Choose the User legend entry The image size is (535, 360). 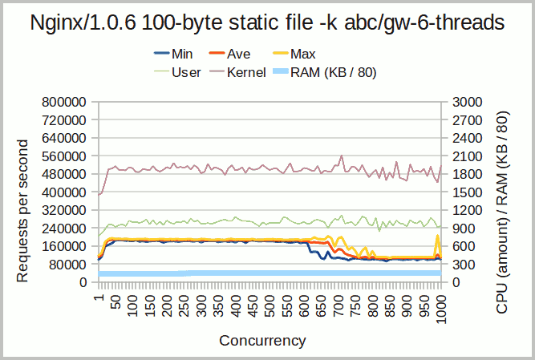coord(181,72)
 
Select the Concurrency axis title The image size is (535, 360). coord(262,340)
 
